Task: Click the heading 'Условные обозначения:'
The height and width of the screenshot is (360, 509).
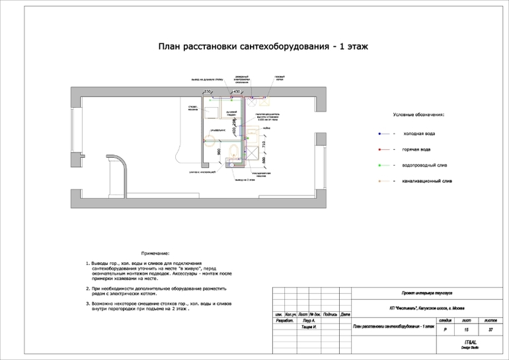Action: click(x=418, y=115)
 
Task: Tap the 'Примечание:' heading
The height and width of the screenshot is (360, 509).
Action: click(x=155, y=254)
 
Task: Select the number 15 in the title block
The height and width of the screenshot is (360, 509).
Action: click(x=467, y=328)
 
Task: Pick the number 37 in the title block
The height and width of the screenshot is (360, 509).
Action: click(x=490, y=328)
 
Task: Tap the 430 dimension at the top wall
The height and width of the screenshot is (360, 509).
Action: click(x=236, y=91)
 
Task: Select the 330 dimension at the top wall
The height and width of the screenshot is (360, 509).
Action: click(x=207, y=91)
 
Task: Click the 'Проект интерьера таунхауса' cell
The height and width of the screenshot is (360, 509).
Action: click(x=426, y=293)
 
